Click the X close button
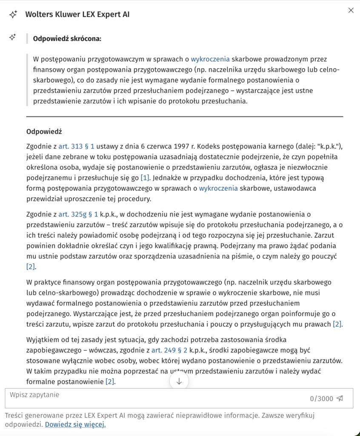click(351, 10)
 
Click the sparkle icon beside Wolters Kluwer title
click(13, 14)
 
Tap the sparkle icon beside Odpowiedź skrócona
click(13, 37)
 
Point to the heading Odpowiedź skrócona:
click(67, 39)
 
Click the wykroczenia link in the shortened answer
click(210, 59)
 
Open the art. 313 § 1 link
click(77, 146)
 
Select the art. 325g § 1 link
click(78, 214)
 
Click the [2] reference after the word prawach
click(337, 324)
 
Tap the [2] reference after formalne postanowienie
click(110, 382)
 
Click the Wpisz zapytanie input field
click(153, 398)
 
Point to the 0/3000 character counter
click(321, 399)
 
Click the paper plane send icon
click(340, 399)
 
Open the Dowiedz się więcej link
click(75, 424)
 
